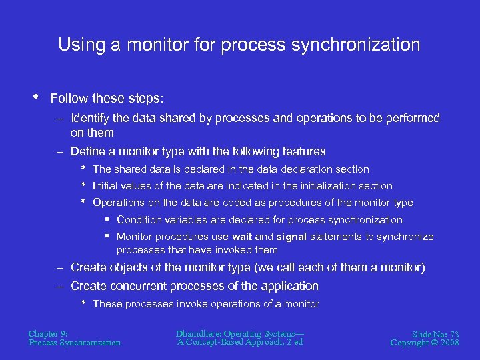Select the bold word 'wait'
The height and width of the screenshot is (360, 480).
[242, 237]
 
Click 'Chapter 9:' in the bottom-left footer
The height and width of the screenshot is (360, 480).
[48, 333]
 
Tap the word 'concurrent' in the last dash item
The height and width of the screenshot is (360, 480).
[142, 286]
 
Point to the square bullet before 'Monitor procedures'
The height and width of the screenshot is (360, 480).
[107, 237]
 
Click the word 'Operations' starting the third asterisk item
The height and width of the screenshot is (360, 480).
[117, 203]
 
